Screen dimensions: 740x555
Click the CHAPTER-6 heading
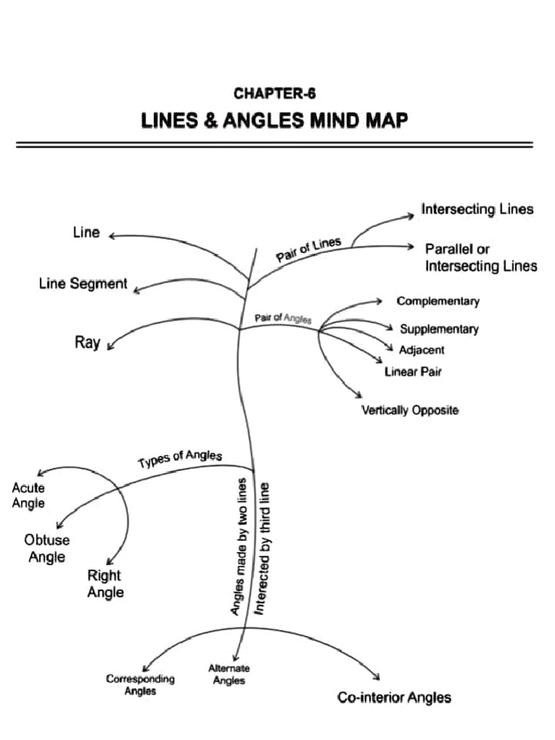click(x=275, y=93)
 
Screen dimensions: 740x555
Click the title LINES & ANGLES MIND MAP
click(x=275, y=120)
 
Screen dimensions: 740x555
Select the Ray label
click(x=87, y=342)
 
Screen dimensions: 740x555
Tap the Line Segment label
click(x=83, y=284)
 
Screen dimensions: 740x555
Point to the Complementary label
click(x=437, y=301)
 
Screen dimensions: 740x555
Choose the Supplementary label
click(x=439, y=329)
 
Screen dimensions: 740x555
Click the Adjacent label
click(x=421, y=350)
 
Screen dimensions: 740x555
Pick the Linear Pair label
click(x=413, y=372)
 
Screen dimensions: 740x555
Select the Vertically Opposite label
click(x=410, y=410)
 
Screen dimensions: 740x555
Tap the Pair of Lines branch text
click(x=309, y=250)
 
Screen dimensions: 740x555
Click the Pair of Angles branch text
click(x=283, y=319)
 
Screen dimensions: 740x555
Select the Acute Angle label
click(x=28, y=496)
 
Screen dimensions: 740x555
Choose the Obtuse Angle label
click(x=46, y=548)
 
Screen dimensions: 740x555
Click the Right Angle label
click(x=105, y=584)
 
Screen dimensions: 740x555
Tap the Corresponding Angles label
click(x=140, y=684)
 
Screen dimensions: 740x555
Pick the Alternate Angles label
click(x=229, y=674)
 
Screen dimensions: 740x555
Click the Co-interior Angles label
click(x=395, y=697)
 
